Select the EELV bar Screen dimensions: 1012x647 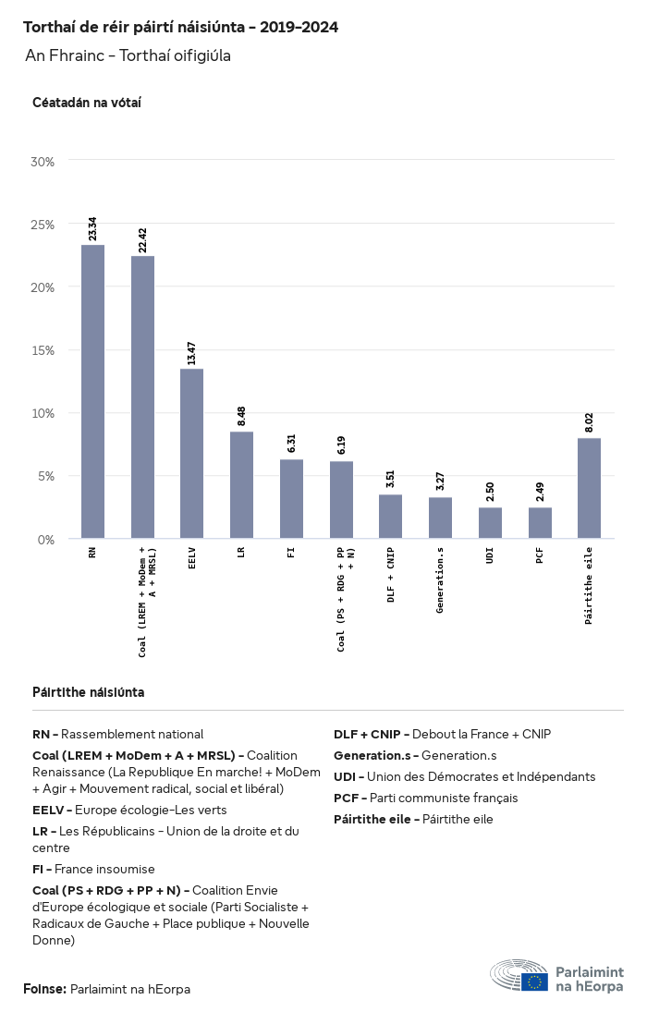191,453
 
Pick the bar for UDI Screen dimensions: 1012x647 490,522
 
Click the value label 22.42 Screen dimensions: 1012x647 142,239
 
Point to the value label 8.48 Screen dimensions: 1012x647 241,415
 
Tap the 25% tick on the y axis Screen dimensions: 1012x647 43,225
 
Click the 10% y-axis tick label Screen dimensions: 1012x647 43,413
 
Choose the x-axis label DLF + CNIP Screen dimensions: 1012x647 390,574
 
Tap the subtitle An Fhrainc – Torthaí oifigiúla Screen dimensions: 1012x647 128,55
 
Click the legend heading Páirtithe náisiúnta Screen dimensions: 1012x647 88,692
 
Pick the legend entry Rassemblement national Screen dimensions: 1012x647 132,734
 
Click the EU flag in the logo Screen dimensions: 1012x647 534,982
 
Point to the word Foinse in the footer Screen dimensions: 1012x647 44,989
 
